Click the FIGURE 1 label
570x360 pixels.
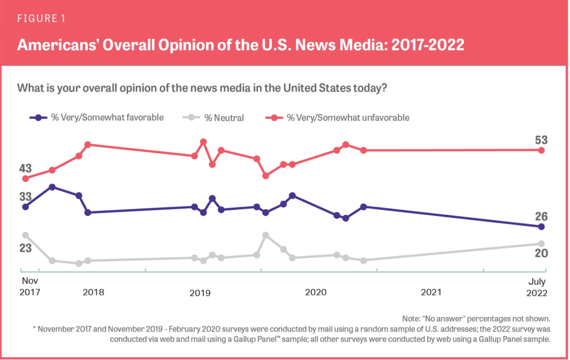tap(41, 18)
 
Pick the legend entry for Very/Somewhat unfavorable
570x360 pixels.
tap(341, 118)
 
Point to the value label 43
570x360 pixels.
tap(25, 168)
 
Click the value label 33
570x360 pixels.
tap(25, 196)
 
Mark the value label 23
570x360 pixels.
tap(25, 248)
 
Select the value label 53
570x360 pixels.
tap(541, 140)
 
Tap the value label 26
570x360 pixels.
tap(541, 217)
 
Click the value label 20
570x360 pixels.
tap(541, 253)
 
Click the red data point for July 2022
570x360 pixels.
tap(541, 150)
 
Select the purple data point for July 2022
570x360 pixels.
tap(541, 227)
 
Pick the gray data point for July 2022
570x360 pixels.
tap(541, 243)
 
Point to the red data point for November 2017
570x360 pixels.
tap(25, 179)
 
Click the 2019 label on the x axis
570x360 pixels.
tap(200, 292)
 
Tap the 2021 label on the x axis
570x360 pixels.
tap(431, 292)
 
